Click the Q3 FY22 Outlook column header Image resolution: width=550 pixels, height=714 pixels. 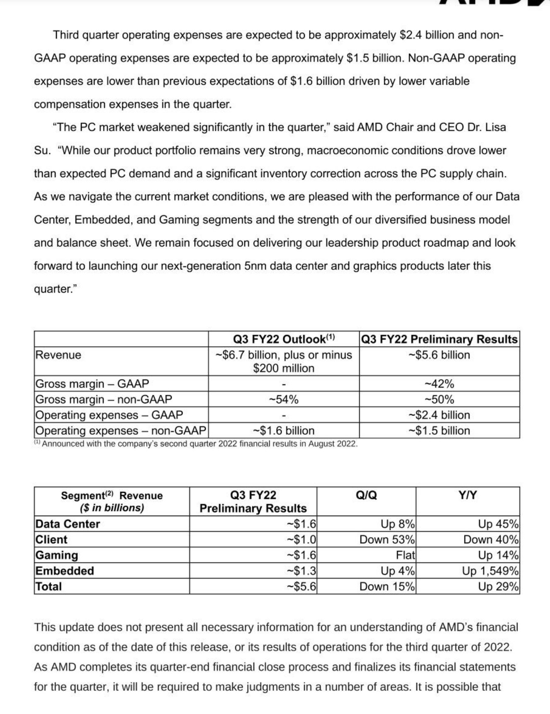click(x=284, y=339)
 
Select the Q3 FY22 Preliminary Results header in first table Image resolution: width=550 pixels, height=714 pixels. click(x=439, y=339)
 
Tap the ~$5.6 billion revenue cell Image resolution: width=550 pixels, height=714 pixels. click(x=439, y=355)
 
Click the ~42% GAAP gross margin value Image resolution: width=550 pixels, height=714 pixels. click(x=439, y=384)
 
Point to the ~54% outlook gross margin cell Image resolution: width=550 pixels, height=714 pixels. click(x=284, y=399)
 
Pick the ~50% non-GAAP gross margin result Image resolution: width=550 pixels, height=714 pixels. click(x=439, y=399)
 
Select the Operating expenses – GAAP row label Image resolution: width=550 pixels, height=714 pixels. click(x=109, y=415)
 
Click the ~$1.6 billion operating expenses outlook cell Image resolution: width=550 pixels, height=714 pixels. click(x=284, y=430)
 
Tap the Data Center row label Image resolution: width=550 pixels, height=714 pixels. click(x=68, y=524)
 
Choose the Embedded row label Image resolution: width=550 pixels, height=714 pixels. click(x=65, y=571)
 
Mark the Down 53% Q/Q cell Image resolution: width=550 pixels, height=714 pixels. click(x=387, y=540)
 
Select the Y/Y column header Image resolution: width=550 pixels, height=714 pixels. click(x=467, y=495)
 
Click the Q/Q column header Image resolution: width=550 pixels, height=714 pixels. click(x=366, y=495)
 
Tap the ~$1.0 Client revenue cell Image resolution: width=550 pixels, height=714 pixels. click(x=302, y=540)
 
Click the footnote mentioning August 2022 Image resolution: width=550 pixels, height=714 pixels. click(x=196, y=444)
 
